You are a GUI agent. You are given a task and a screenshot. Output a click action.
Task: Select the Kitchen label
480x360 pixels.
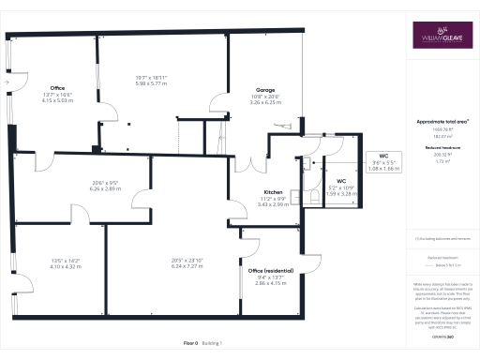(x=273, y=192)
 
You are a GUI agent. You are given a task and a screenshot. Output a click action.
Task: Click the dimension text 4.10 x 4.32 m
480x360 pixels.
(x=66, y=267)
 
